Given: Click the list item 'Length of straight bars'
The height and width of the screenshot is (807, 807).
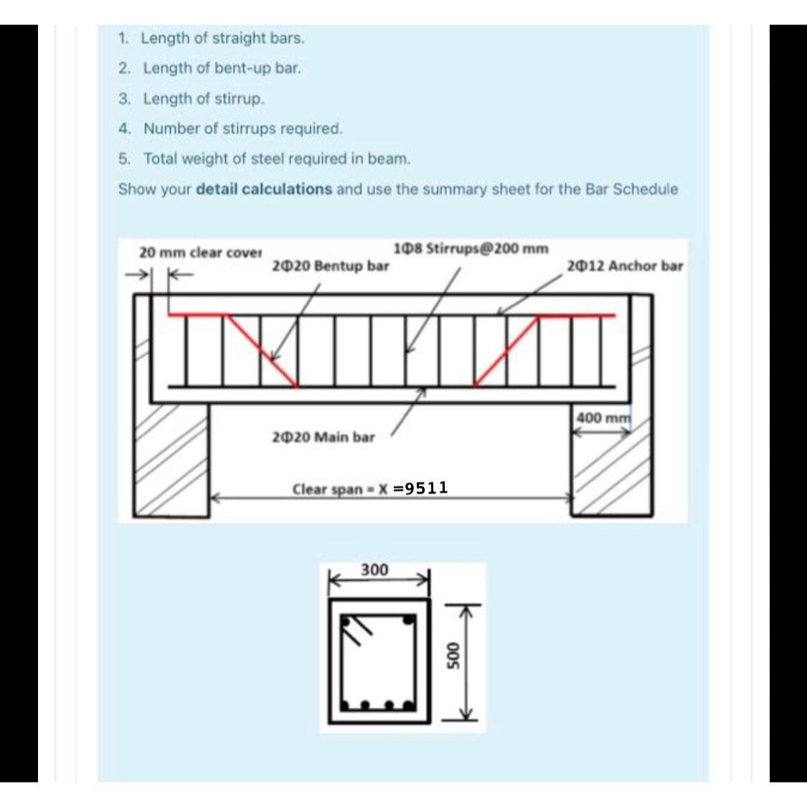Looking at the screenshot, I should click(222, 39).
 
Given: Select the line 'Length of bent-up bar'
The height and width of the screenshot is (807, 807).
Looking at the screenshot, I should click(222, 69).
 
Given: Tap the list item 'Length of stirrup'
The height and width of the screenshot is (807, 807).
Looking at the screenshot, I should click(204, 99).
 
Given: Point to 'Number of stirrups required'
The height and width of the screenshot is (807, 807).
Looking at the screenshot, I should click(242, 129).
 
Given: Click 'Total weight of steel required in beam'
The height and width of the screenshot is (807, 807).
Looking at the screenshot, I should click(276, 159).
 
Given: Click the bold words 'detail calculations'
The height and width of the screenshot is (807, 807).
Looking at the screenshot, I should click(263, 190).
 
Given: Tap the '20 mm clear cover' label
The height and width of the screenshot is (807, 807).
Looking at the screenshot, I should click(200, 253).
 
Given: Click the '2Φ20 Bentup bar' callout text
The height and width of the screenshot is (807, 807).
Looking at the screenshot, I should click(331, 266).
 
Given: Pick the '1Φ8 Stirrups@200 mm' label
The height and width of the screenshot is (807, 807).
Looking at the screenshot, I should click(471, 249).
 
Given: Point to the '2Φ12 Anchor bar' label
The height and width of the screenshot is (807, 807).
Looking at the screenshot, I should click(624, 266).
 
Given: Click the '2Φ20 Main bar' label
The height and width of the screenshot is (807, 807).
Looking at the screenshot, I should click(324, 437).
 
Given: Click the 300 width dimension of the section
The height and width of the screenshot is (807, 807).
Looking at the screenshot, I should click(374, 570).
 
